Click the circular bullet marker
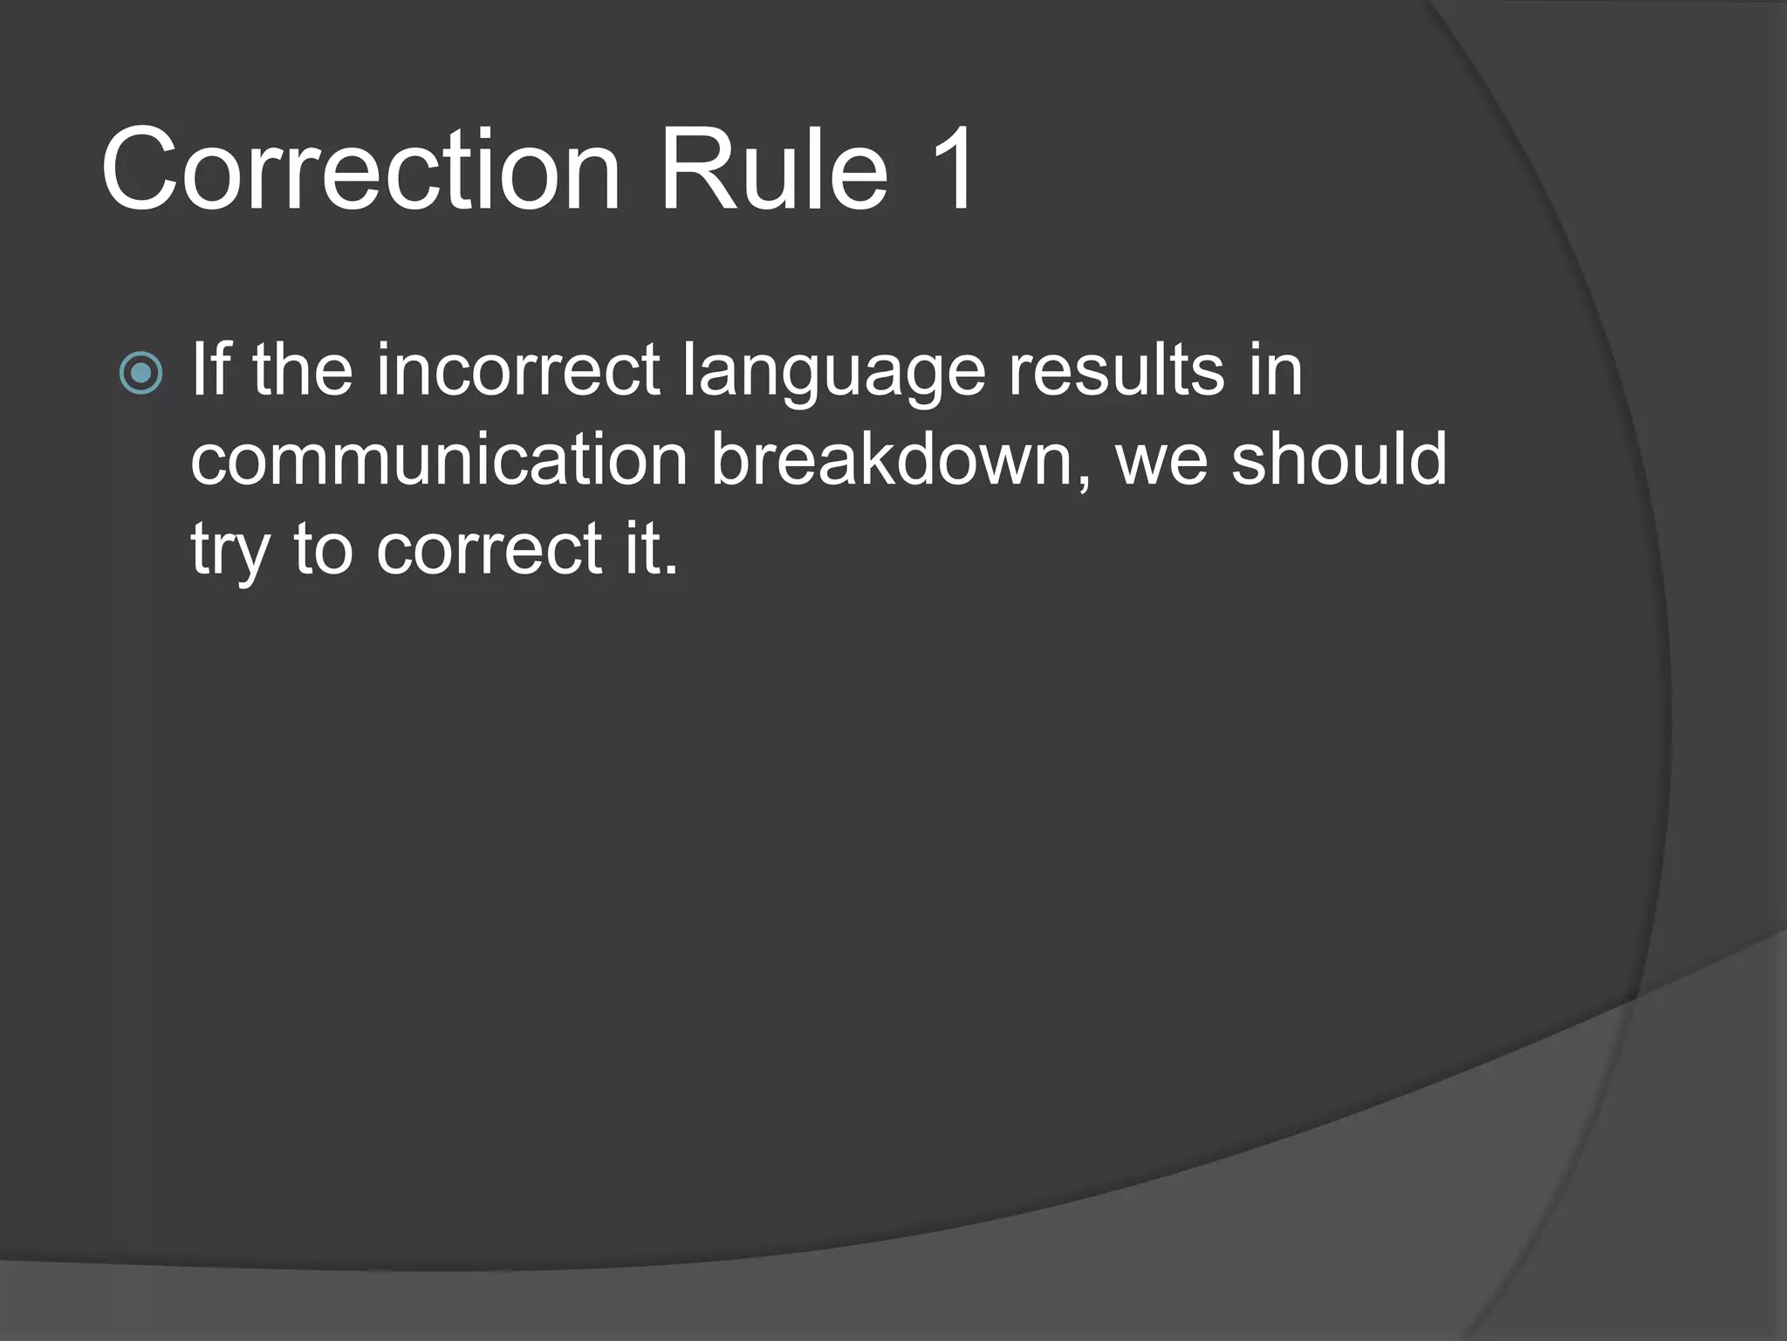click(x=140, y=374)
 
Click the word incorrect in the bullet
click(x=517, y=371)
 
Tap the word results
click(x=1116, y=371)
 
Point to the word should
click(x=1339, y=460)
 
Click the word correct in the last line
click(x=489, y=550)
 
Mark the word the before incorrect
click(x=303, y=371)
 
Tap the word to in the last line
click(x=322, y=550)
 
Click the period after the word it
click(x=670, y=569)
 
